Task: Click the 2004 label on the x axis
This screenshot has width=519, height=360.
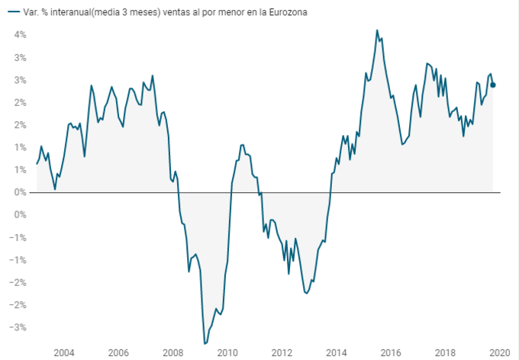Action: tap(63, 352)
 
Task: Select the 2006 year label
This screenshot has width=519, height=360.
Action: tap(118, 352)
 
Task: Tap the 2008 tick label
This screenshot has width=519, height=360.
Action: tap(173, 352)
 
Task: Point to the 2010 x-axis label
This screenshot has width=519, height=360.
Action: tap(227, 352)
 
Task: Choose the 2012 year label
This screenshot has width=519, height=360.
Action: tap(282, 352)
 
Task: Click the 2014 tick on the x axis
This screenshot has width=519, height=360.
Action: tap(337, 352)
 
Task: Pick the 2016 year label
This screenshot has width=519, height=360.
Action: tap(391, 352)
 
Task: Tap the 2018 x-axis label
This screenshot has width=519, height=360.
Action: tap(446, 352)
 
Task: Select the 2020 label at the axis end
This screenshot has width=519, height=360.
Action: tap(499, 352)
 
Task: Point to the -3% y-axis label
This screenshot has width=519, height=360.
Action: tap(19, 327)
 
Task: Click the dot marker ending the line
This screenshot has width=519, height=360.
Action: tap(493, 85)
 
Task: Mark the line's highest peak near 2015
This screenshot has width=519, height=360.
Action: tap(377, 31)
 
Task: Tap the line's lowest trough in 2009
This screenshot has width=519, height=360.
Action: tap(205, 343)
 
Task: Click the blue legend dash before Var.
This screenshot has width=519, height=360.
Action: tap(12, 12)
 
